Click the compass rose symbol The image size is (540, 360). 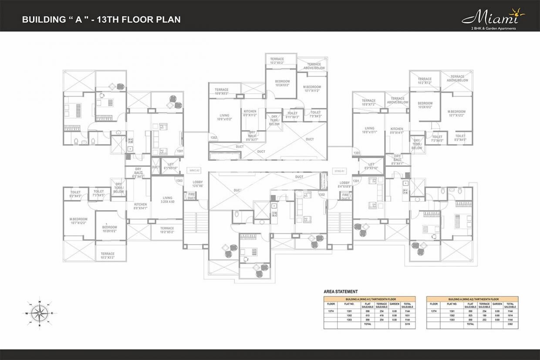(x=40, y=312)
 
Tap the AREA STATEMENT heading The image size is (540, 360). (x=341, y=292)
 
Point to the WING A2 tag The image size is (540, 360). (x=194, y=171)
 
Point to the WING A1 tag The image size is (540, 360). (x=338, y=171)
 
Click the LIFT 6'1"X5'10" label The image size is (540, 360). (x=170, y=166)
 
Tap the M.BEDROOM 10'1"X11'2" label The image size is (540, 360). (x=311, y=89)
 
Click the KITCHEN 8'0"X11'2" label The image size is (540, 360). (x=250, y=114)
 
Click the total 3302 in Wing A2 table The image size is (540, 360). (x=510, y=324)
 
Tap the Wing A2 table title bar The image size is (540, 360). (x=472, y=299)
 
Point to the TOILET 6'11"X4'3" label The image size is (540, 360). (x=292, y=115)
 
